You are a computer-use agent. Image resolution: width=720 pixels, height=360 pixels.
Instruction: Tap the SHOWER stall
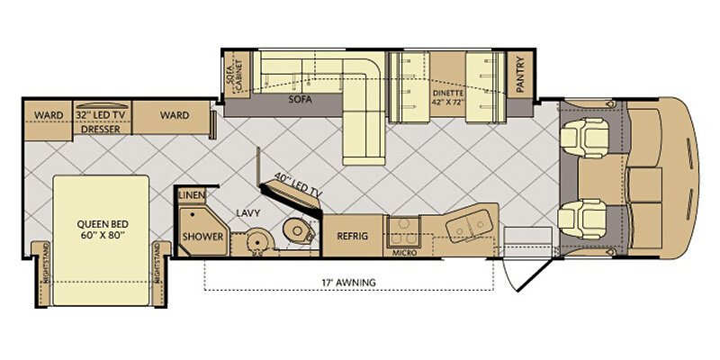[x=203, y=232]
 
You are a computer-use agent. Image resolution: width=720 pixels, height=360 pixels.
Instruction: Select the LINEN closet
[x=192, y=195]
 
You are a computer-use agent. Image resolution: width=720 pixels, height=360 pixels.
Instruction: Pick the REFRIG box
[x=353, y=236]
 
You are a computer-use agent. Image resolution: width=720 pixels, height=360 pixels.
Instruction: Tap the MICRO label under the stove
[x=404, y=253]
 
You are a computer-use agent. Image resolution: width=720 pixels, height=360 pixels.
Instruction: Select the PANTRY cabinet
[x=520, y=75]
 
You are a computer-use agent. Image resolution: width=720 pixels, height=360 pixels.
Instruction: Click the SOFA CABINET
[x=237, y=75]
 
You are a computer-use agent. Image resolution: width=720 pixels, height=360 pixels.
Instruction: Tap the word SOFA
[x=301, y=99]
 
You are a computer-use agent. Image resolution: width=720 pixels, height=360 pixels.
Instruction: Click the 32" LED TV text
[x=101, y=115]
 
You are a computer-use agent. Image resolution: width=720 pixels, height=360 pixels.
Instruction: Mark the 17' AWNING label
[x=349, y=283]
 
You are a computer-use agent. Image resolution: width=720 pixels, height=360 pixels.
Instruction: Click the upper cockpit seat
[x=584, y=138]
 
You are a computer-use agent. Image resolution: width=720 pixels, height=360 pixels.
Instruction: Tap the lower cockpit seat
[x=582, y=219]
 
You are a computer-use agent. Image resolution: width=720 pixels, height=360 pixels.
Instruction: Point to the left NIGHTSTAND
[x=43, y=274]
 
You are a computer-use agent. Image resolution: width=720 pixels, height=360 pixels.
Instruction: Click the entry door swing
[x=526, y=274]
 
